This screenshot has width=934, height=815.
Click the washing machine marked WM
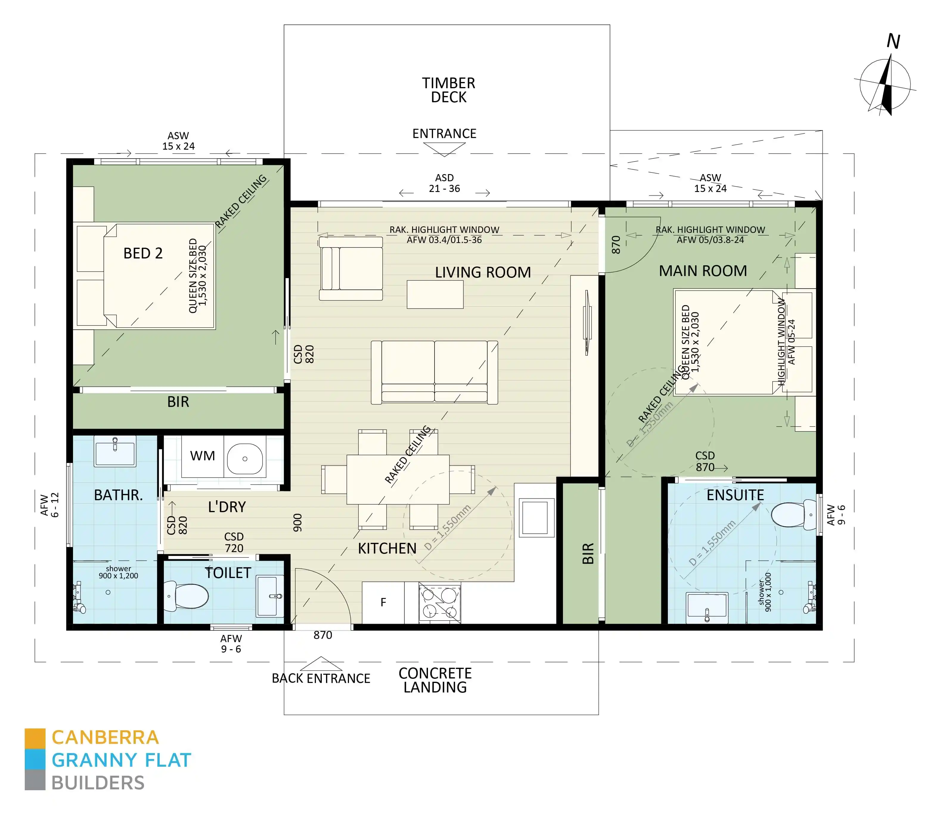(202, 456)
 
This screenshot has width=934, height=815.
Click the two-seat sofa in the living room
(434, 372)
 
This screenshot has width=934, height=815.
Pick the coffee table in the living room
(435, 294)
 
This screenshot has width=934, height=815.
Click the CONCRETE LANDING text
(435, 680)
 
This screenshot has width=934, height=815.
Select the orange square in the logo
(35, 739)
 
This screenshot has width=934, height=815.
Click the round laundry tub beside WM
(245, 459)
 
